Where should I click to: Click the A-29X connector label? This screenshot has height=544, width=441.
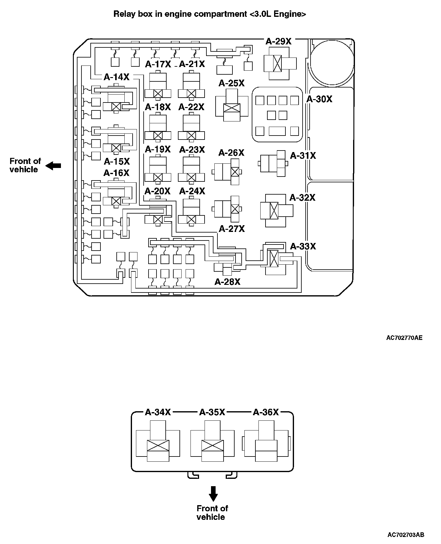click(278, 41)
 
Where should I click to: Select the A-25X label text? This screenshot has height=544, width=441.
click(232, 83)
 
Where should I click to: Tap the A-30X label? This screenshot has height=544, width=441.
click(319, 99)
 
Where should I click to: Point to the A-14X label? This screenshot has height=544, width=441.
click(116, 77)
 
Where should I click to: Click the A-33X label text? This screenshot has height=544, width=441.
click(303, 246)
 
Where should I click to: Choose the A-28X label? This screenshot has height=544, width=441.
click(228, 282)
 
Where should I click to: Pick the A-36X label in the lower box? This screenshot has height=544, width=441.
click(266, 412)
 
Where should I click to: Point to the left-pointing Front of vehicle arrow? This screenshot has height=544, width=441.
click(53, 166)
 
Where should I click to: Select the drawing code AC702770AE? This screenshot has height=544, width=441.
click(404, 338)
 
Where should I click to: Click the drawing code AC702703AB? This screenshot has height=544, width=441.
click(406, 535)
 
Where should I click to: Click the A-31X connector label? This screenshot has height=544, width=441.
click(303, 155)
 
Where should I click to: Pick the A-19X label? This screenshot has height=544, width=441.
click(158, 149)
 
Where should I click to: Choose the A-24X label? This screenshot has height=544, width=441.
click(192, 191)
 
